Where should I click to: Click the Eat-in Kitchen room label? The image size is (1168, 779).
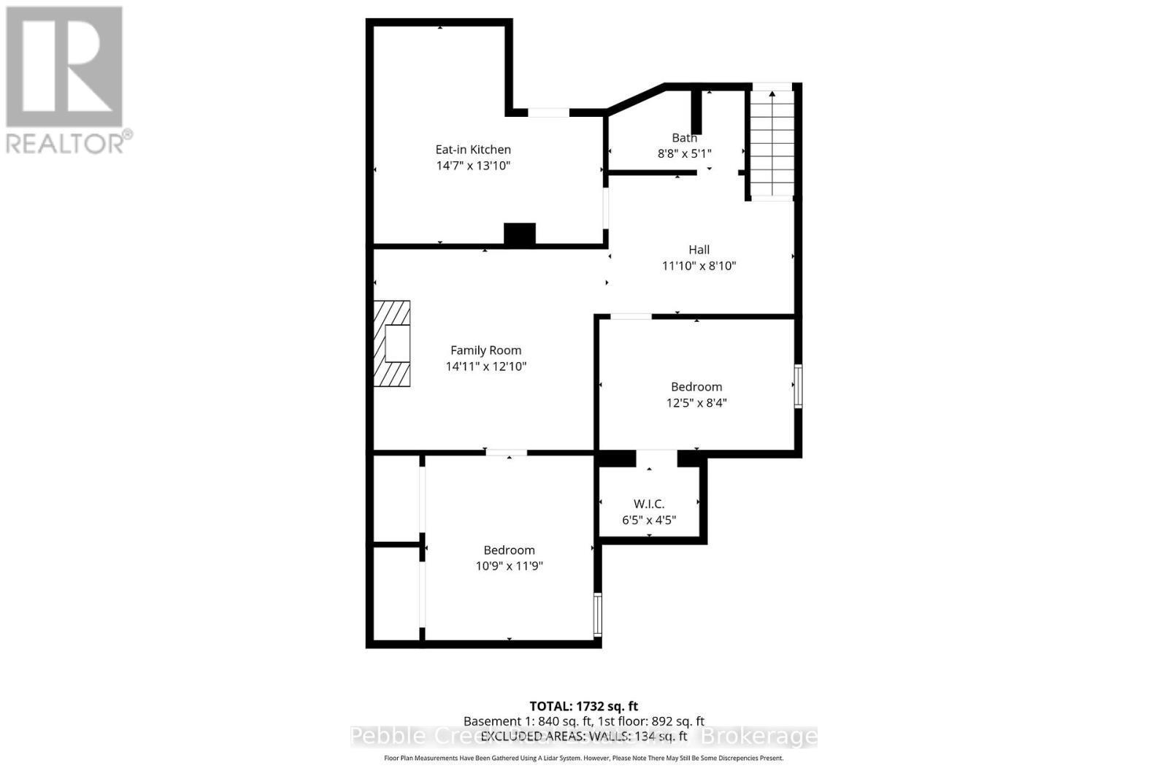tap(473, 150)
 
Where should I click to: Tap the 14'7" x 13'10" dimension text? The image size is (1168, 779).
tap(473, 166)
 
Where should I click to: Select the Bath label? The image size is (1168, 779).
tap(684, 138)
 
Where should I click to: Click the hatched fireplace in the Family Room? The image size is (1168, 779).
tap(392, 343)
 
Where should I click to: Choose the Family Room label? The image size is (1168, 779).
tap(485, 350)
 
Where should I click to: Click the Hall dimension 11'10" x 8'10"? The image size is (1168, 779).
tap(699, 266)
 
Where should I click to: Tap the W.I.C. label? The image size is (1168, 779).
tap(648, 504)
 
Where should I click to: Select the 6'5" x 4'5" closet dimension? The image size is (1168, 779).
tap(648, 520)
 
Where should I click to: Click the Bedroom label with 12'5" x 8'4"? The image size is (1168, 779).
tap(696, 387)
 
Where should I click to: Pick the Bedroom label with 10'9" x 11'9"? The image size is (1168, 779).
tap(509, 550)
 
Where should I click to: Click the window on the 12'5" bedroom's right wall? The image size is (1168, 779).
tap(798, 385)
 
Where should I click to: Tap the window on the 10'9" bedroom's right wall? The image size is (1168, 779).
tap(597, 614)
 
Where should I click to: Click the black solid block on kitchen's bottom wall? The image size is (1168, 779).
tap(520, 234)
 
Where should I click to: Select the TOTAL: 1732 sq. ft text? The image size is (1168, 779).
tap(583, 706)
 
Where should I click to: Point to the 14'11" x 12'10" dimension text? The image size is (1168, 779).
tap(485, 367)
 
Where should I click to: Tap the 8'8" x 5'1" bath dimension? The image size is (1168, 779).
tap(684, 153)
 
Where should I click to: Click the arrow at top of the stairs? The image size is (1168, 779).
tap(772, 93)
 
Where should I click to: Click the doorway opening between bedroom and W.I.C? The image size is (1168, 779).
tap(656, 458)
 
